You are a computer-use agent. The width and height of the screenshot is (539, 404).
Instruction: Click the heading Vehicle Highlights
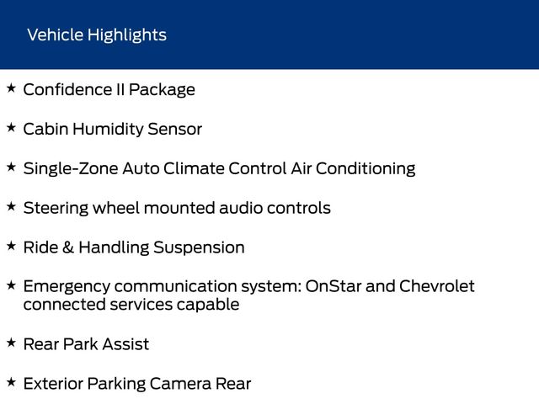pyautogui.click(x=97, y=35)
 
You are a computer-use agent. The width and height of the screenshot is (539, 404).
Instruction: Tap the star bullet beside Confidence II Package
pyautogui.click(x=11, y=88)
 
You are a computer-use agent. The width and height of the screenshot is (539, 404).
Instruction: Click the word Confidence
pyautogui.click(x=67, y=90)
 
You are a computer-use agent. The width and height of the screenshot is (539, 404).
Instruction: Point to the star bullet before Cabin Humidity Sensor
pyautogui.click(x=11, y=128)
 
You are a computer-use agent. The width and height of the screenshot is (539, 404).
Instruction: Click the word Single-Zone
pyautogui.click(x=71, y=169)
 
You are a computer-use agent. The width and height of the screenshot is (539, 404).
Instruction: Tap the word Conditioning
pyautogui.click(x=366, y=169)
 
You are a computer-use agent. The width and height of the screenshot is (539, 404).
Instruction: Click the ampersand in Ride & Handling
pyautogui.click(x=68, y=247)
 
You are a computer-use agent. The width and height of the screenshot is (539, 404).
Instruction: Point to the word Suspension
pyautogui.click(x=199, y=247)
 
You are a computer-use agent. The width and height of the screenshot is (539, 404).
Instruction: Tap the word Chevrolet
pyautogui.click(x=437, y=286)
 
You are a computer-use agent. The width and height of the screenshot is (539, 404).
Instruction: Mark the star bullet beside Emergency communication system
pyautogui.click(x=11, y=285)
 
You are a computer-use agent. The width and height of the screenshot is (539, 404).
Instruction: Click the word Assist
pyautogui.click(x=125, y=344)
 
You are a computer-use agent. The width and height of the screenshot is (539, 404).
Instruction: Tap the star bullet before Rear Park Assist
pyautogui.click(x=11, y=343)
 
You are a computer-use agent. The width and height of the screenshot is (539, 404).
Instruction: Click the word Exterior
pyautogui.click(x=53, y=384)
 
